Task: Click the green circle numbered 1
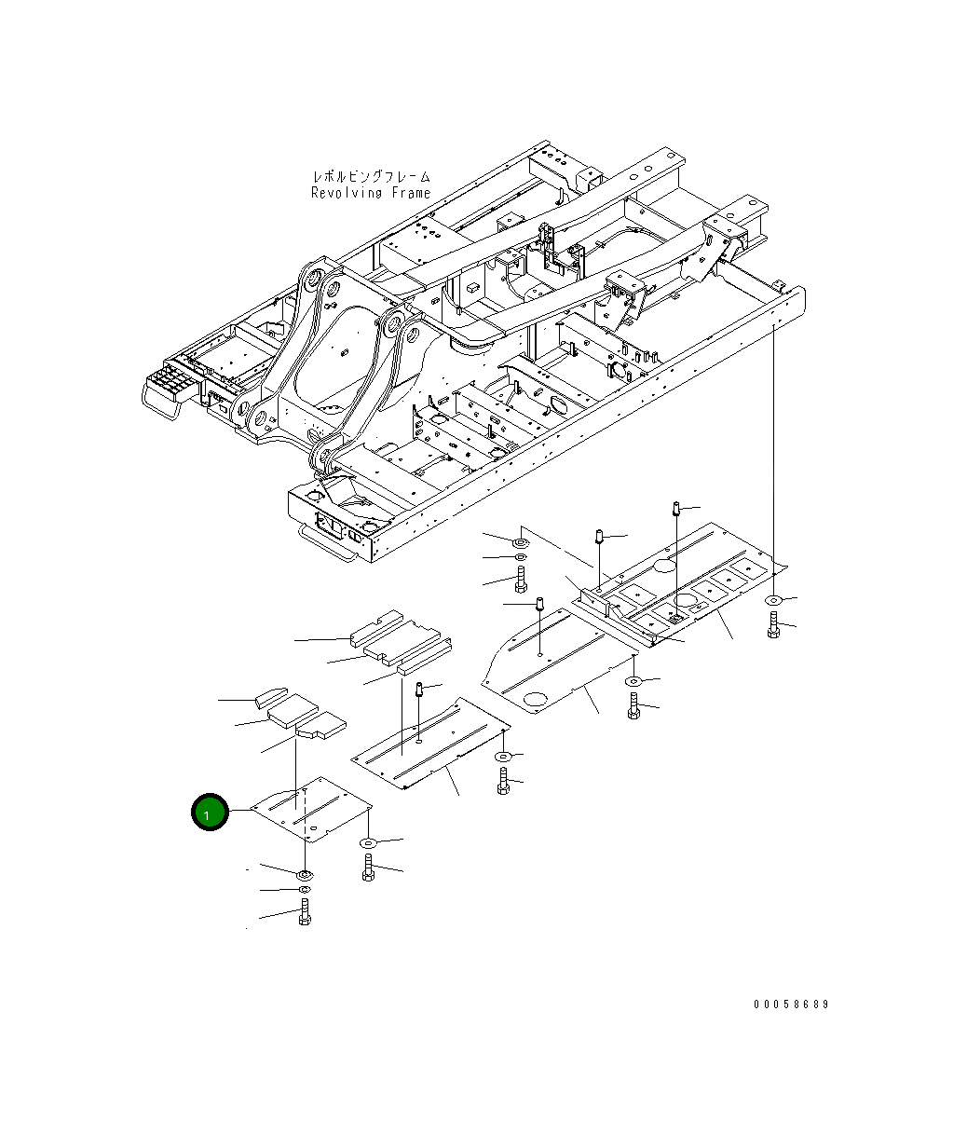point(210,813)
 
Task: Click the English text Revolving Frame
point(371,193)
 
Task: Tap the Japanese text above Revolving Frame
point(371,175)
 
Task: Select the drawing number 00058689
point(791,1004)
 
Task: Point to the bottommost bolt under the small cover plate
point(305,913)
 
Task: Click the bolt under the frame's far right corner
point(773,627)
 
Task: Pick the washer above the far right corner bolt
point(773,601)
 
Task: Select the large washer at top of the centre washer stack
point(520,540)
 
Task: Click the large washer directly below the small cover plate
point(305,875)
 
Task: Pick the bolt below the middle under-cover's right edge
point(634,706)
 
